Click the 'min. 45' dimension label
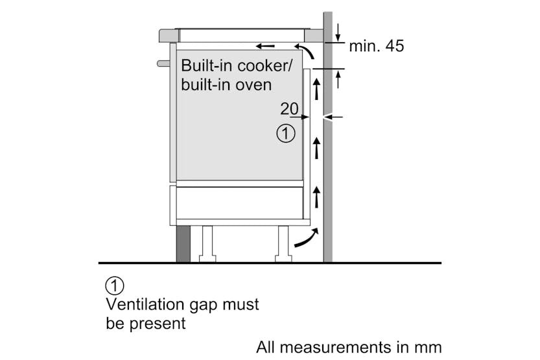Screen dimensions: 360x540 point(376,46)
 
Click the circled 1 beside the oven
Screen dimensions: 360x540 point(285,134)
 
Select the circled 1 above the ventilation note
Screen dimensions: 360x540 point(114,285)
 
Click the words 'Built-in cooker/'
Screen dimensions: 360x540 point(237,66)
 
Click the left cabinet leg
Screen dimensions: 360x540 point(208,244)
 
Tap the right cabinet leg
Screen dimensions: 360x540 point(283,244)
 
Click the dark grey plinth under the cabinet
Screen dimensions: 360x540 point(183,244)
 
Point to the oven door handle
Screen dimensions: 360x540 point(162,63)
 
